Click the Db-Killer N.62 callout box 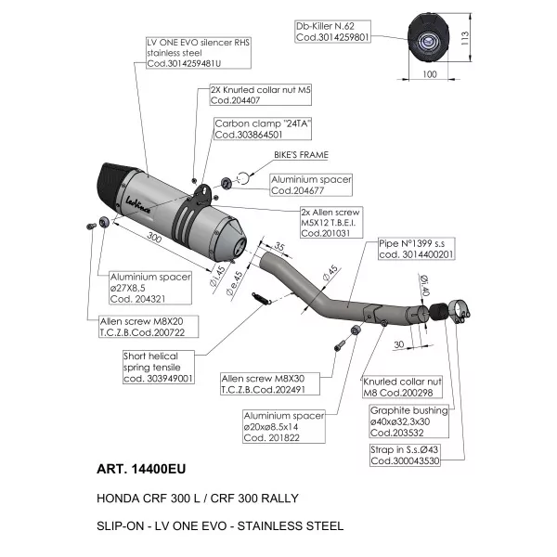click(332, 32)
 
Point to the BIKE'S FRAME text click(301, 155)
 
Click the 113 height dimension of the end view click(465, 38)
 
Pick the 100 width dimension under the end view click(430, 74)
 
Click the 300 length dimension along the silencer click(154, 237)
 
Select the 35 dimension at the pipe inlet click(279, 246)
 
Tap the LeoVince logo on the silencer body click(137, 205)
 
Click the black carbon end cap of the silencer click(110, 185)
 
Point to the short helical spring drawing click(262, 298)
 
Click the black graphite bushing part click(438, 312)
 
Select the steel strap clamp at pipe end click(460, 311)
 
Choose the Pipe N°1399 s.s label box click(416, 249)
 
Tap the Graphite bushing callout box click(409, 421)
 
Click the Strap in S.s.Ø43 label click(405, 455)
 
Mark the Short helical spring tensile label click(159, 368)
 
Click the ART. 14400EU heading click(141, 469)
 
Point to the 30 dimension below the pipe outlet click(399, 344)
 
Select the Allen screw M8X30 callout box click(270, 384)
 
